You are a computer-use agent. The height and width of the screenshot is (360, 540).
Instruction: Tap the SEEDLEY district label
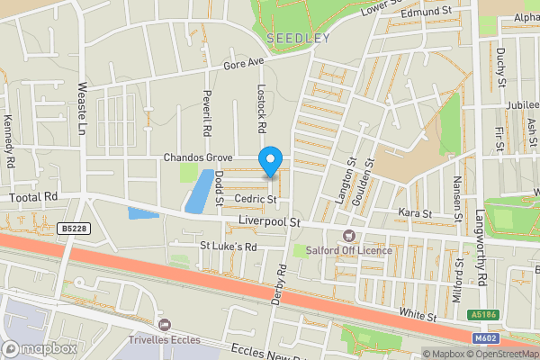click(298, 39)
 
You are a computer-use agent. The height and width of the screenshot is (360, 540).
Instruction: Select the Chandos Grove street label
click(199, 157)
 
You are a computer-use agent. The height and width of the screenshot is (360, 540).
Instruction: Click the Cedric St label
click(253, 199)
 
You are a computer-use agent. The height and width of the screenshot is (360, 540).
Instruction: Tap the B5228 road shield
click(77, 229)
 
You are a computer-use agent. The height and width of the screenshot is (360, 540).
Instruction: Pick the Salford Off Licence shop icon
click(346, 236)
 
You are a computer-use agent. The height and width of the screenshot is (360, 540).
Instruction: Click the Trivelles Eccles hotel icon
click(164, 324)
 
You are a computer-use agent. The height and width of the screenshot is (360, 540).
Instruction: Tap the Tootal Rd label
click(33, 196)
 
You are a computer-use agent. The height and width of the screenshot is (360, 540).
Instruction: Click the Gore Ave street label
click(244, 64)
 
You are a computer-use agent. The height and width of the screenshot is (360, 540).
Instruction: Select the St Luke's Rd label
click(228, 246)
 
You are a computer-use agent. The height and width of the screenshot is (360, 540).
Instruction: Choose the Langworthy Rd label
click(481, 237)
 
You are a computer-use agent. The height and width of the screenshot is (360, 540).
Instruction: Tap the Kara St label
click(415, 213)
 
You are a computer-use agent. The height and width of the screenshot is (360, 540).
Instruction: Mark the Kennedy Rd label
click(10, 141)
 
